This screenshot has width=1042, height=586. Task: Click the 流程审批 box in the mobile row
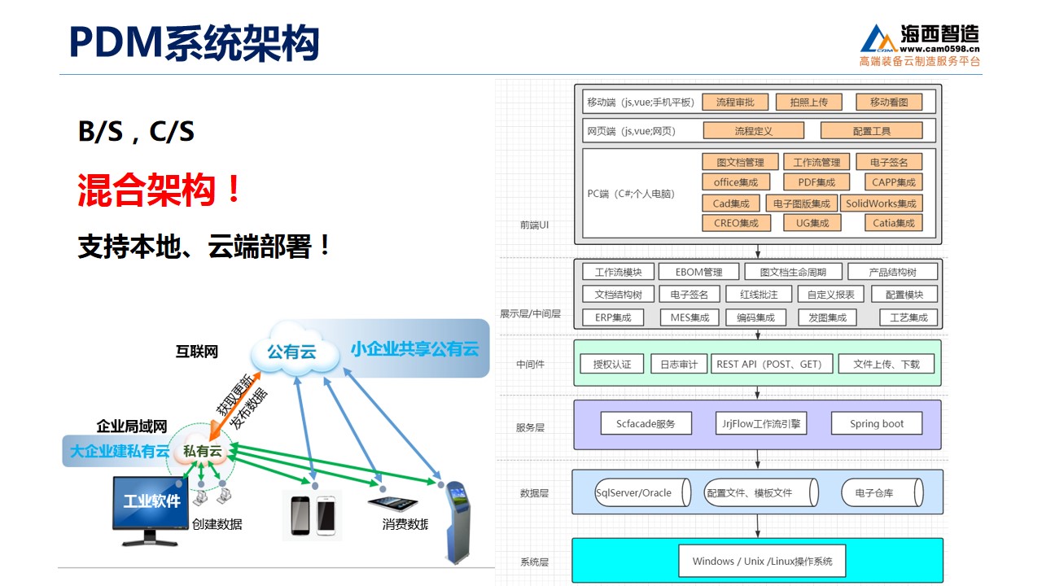point(735,103)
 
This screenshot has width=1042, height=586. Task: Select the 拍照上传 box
point(809,103)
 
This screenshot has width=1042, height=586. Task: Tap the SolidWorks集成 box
point(881,203)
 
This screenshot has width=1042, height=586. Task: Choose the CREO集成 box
point(736,223)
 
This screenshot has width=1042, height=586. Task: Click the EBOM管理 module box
point(698,272)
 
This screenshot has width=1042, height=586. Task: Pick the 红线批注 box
point(759,295)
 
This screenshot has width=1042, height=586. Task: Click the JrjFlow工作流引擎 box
point(761,424)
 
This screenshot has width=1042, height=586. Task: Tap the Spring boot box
point(877,424)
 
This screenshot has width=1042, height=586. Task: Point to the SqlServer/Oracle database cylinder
point(642,492)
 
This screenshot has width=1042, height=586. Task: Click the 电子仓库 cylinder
point(882,492)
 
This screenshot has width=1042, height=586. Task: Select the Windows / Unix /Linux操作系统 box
point(762,561)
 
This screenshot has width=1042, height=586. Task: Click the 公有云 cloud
point(294,350)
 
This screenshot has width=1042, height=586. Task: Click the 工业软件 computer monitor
point(151,510)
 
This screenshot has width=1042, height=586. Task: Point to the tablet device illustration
point(392,503)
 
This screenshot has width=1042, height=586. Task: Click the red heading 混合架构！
point(159,190)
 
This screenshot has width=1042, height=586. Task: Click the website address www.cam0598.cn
point(939,49)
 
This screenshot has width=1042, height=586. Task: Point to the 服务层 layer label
point(530,427)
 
